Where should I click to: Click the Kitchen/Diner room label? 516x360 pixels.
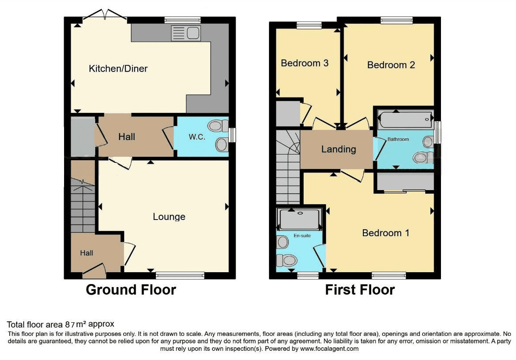pyautogui.click(x=118, y=68)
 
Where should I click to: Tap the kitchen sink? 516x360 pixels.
pyautogui.click(x=186, y=33)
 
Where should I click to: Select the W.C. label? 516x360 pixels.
pyautogui.click(x=197, y=137)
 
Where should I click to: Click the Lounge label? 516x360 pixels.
pyautogui.click(x=169, y=216)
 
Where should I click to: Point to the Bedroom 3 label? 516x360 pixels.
pyautogui.click(x=305, y=63)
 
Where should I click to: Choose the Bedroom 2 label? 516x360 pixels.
pyautogui.click(x=391, y=65)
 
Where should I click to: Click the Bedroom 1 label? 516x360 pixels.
pyautogui.click(x=386, y=233)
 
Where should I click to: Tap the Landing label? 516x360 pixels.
pyautogui.click(x=339, y=149)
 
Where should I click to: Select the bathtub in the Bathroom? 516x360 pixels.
pyautogui.click(x=405, y=120)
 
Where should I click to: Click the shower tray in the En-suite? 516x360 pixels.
pyautogui.click(x=299, y=219)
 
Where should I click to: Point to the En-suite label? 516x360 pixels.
pyautogui.click(x=302, y=235)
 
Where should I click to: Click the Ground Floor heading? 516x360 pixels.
pyautogui.click(x=131, y=290)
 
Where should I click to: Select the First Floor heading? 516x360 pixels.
pyautogui.click(x=360, y=290)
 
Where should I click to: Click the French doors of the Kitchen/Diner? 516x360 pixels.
pyautogui.click(x=104, y=15)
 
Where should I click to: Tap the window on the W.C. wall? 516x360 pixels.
pyautogui.click(x=233, y=135)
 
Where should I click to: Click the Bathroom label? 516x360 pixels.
pyautogui.click(x=398, y=139)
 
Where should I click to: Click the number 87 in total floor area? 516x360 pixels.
pyautogui.click(x=70, y=325)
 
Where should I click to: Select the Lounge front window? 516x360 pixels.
pyautogui.click(x=180, y=275)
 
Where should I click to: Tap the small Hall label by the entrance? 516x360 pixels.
pyautogui.click(x=86, y=253)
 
